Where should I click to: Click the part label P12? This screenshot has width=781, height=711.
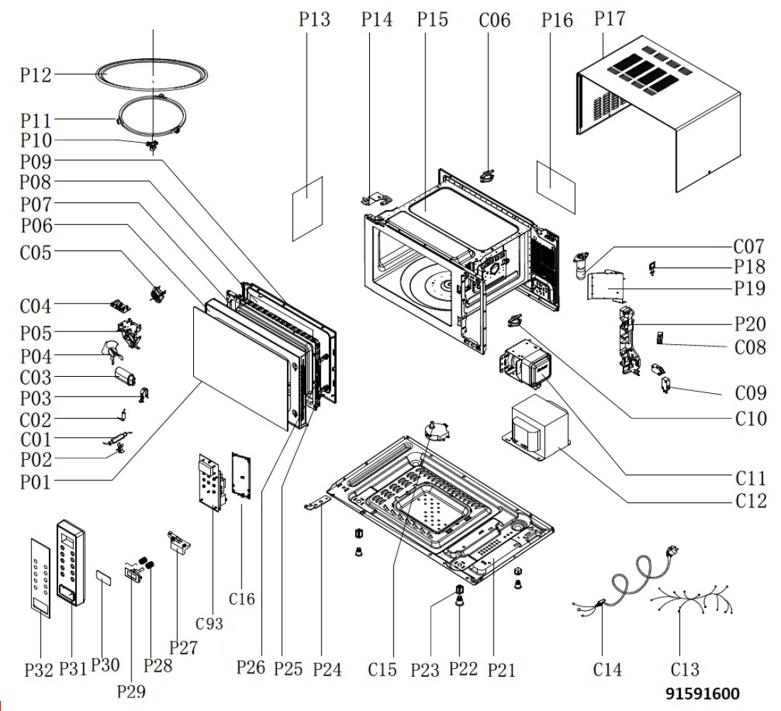pyautogui.click(x=36, y=75)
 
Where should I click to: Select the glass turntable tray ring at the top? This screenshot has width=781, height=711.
pyautogui.click(x=151, y=62)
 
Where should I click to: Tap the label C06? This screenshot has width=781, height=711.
pyautogui.click(x=495, y=20)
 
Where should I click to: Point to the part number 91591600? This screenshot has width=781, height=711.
pyautogui.click(x=702, y=693)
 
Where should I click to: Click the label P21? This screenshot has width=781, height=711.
pyautogui.click(x=501, y=670)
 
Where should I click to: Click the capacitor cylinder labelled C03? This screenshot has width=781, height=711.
pyautogui.click(x=126, y=376)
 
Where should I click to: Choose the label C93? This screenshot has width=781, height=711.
pyautogui.click(x=209, y=624)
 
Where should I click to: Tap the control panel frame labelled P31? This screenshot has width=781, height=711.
pyautogui.click(x=71, y=563)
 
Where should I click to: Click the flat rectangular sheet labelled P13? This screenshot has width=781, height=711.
pyautogui.click(x=307, y=209)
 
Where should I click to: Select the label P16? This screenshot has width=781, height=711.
pyautogui.click(x=557, y=20)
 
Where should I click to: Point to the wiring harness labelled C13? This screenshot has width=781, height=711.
pyautogui.click(x=692, y=600)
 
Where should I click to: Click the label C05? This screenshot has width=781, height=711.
pyautogui.click(x=35, y=253)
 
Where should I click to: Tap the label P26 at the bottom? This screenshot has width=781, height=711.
pyautogui.click(x=251, y=667)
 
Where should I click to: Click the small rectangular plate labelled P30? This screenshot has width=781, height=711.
pyautogui.click(x=104, y=578)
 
